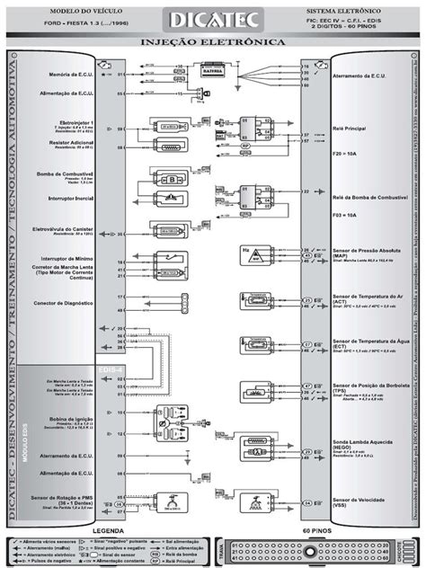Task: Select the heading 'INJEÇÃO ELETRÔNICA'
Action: tap(213, 42)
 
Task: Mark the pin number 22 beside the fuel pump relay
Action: tap(306, 191)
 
